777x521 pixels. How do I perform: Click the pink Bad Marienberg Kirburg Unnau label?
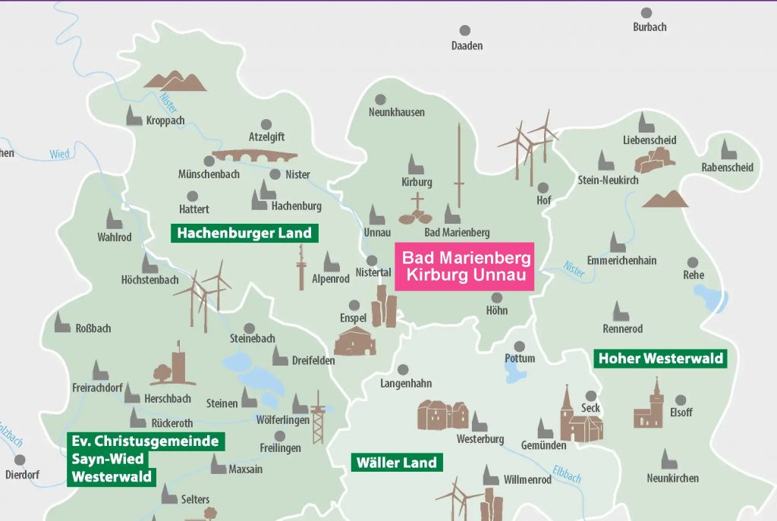pos(466,266)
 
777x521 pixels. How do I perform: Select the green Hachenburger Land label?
pos(244,233)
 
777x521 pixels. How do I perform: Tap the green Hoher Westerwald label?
pos(660,358)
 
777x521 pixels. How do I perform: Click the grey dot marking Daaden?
pos(465,30)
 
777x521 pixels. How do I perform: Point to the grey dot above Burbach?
pos(646,13)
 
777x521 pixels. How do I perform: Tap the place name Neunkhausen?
pos(396,112)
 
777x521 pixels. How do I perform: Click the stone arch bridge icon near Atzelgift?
pos(254,156)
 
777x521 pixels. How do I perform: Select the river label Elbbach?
pos(566,474)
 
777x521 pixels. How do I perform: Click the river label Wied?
pos(59,154)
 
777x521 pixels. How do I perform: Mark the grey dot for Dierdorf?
pos(20,460)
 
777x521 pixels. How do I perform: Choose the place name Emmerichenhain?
pos(621,260)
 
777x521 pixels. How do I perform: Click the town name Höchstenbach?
pos(149,280)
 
